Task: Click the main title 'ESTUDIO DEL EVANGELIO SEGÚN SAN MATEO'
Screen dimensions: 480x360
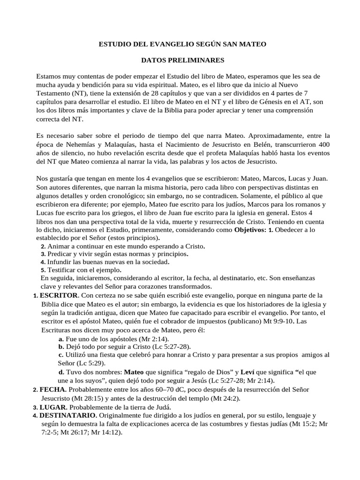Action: [x=182, y=44]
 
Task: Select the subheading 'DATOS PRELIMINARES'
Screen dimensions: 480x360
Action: [x=183, y=60]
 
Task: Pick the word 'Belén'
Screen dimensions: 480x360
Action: [x=241, y=144]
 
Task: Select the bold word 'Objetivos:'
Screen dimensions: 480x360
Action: [x=250, y=230]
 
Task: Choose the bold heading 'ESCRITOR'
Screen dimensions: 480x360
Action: [x=59, y=296]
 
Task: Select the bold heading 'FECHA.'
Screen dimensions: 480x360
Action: [x=53, y=390]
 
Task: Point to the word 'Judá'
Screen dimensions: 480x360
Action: [x=161, y=407]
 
